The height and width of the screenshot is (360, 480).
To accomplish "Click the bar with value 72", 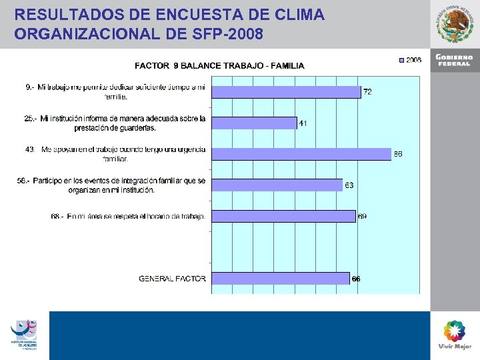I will (286, 91).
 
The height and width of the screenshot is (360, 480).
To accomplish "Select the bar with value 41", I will (254, 123).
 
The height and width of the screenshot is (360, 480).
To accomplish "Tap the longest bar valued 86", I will (301, 154).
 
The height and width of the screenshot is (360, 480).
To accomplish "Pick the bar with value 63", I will (277, 185).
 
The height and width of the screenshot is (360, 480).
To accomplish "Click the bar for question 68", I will (283, 216).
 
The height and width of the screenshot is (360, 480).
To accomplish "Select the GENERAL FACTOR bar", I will (281, 278).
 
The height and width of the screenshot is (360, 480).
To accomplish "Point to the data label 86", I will (398, 154).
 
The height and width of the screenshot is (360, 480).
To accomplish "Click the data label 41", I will (303, 123).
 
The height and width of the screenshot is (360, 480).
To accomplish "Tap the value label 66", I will (356, 279).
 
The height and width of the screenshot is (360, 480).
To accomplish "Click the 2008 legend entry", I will (409, 60).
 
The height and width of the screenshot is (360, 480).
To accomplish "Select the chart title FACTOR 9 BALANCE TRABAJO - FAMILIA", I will (219, 65).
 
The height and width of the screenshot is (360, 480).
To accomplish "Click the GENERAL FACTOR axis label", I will (172, 278).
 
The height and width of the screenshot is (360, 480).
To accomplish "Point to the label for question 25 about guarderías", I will (115, 123).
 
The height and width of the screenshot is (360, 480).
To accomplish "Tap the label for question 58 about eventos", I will (112, 185).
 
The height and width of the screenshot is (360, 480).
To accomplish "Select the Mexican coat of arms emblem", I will (455, 23).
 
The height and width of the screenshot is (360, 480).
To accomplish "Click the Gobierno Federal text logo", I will (455, 59).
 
